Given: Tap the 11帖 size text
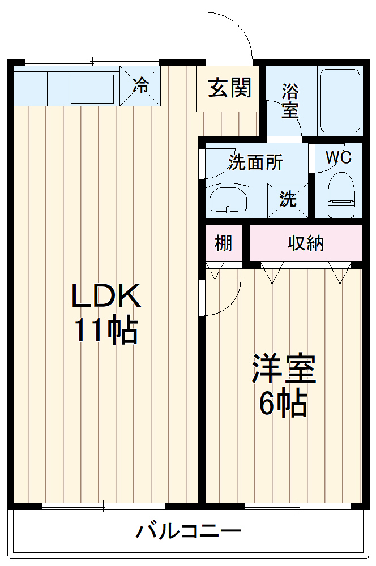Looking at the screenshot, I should (106, 331).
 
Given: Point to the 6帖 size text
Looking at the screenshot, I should (283, 403).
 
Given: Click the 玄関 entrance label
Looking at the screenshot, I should (229, 88).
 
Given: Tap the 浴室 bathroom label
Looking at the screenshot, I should (290, 101).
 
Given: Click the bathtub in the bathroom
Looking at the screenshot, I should (339, 100).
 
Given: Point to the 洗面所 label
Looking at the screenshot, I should (255, 162).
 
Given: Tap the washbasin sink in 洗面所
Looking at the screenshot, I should (228, 200).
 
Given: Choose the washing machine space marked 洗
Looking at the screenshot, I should (288, 199).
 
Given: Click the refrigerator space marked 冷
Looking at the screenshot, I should (140, 86).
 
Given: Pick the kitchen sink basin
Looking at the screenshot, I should (92, 88).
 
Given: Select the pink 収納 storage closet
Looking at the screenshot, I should (306, 243).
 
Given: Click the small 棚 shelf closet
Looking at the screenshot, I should (223, 243).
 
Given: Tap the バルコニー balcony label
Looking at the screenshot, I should (188, 532).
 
